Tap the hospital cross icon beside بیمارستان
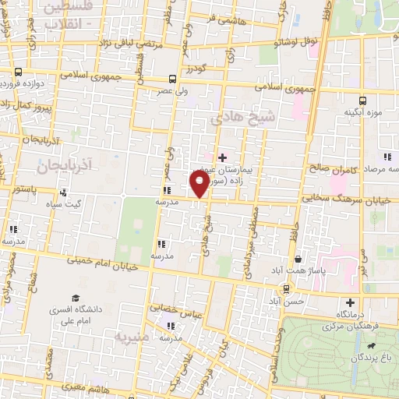point(223,157)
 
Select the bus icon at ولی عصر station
point(171,78)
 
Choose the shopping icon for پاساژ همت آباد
point(297,260)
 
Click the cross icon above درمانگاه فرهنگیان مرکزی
point(350,302)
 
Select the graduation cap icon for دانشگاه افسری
point(76,298)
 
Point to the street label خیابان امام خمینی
point(106,264)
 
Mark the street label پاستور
point(16,189)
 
